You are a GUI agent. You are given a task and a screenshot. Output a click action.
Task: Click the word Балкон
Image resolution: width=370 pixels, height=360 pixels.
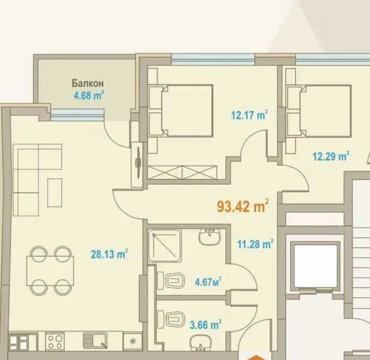(x=88, y=83)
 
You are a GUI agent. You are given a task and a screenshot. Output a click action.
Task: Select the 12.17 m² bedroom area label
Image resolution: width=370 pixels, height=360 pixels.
(x=249, y=115)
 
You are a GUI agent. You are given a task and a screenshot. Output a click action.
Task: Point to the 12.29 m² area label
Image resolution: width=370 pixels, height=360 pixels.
(x=331, y=156)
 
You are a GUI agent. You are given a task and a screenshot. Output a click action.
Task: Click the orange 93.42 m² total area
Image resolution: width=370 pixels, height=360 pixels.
(x=243, y=206)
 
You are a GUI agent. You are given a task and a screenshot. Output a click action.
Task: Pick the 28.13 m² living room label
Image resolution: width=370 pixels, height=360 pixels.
(x=109, y=254)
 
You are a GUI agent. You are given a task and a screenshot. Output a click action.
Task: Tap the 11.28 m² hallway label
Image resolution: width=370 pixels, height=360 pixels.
(x=255, y=244)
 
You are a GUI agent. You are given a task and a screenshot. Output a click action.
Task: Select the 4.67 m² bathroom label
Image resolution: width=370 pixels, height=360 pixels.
(x=208, y=281)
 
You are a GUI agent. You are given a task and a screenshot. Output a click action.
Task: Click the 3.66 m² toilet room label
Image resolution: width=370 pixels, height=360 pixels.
(x=205, y=325)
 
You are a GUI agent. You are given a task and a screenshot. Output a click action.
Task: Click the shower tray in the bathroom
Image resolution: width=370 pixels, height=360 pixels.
(x=165, y=246)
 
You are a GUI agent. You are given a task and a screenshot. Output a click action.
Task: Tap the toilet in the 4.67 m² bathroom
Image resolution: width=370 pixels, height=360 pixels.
(x=171, y=280)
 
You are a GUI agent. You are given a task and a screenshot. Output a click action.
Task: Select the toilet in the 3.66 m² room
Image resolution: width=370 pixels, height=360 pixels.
(x=171, y=319)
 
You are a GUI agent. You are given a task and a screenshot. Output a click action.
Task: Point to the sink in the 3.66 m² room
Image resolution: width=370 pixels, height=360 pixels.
(x=201, y=343)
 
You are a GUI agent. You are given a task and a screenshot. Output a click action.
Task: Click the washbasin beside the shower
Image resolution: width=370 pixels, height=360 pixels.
(x=209, y=237)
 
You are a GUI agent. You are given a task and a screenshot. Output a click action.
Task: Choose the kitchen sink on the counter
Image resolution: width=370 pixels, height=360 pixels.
(x=95, y=341)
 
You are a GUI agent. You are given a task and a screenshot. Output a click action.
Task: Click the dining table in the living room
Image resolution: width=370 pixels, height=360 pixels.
(x=50, y=271)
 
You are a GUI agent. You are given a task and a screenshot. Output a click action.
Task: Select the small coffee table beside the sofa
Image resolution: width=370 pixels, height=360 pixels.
(x=54, y=193)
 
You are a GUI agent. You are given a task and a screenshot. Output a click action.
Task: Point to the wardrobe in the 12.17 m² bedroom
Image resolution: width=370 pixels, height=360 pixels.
(x=182, y=172)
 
